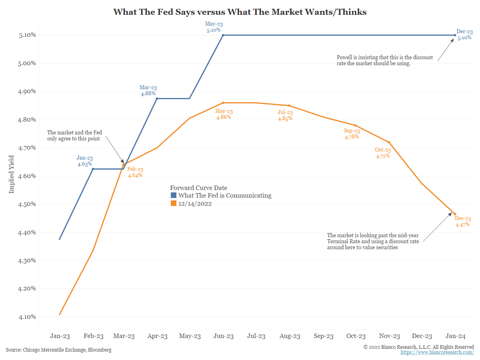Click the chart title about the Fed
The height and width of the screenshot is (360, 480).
240,12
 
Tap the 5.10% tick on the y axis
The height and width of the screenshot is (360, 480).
27,35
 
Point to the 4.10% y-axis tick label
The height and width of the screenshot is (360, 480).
27,317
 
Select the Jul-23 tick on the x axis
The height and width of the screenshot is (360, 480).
256,336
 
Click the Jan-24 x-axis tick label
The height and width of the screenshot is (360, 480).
455,336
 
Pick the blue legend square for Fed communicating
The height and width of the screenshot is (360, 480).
174,196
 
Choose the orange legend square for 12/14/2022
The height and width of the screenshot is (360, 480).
174,204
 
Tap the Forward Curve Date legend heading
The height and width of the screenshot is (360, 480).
198,188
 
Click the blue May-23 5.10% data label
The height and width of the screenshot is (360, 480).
214,27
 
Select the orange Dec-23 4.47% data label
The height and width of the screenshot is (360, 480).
463,222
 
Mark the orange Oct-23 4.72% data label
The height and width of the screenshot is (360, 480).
383,153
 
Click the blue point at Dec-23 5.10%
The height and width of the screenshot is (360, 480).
455,35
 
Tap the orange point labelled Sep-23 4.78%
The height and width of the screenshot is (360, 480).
355,125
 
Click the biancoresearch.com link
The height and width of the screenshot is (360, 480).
437,352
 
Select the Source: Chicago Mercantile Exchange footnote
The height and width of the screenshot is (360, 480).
58,350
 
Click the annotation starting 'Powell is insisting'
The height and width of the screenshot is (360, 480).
385,60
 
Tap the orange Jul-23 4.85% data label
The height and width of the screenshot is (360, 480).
285,115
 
